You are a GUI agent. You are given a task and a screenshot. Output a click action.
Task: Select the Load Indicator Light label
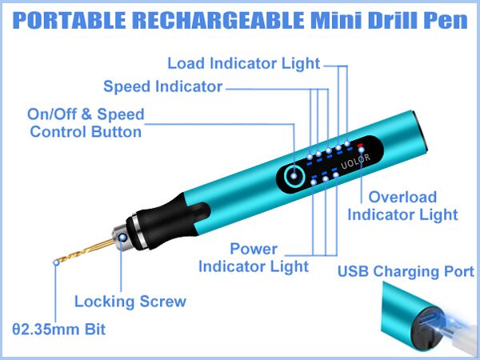pyautogui.click(x=243, y=63)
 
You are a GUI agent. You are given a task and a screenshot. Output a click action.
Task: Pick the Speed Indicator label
pyautogui.click(x=162, y=87)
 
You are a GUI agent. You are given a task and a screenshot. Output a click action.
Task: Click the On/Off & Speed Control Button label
pyautogui.click(x=86, y=123)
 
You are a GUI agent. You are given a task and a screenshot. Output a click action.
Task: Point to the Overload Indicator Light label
pyautogui.click(x=402, y=206)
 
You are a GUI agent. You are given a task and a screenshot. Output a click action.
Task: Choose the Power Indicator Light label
pyautogui.click(x=254, y=257)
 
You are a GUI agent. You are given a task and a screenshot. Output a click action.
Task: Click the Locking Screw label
pyautogui.click(x=130, y=302)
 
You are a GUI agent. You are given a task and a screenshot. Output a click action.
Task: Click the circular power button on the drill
pyautogui.click(x=294, y=176)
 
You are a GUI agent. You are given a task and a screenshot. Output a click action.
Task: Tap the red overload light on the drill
pyautogui.click(x=361, y=146)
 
